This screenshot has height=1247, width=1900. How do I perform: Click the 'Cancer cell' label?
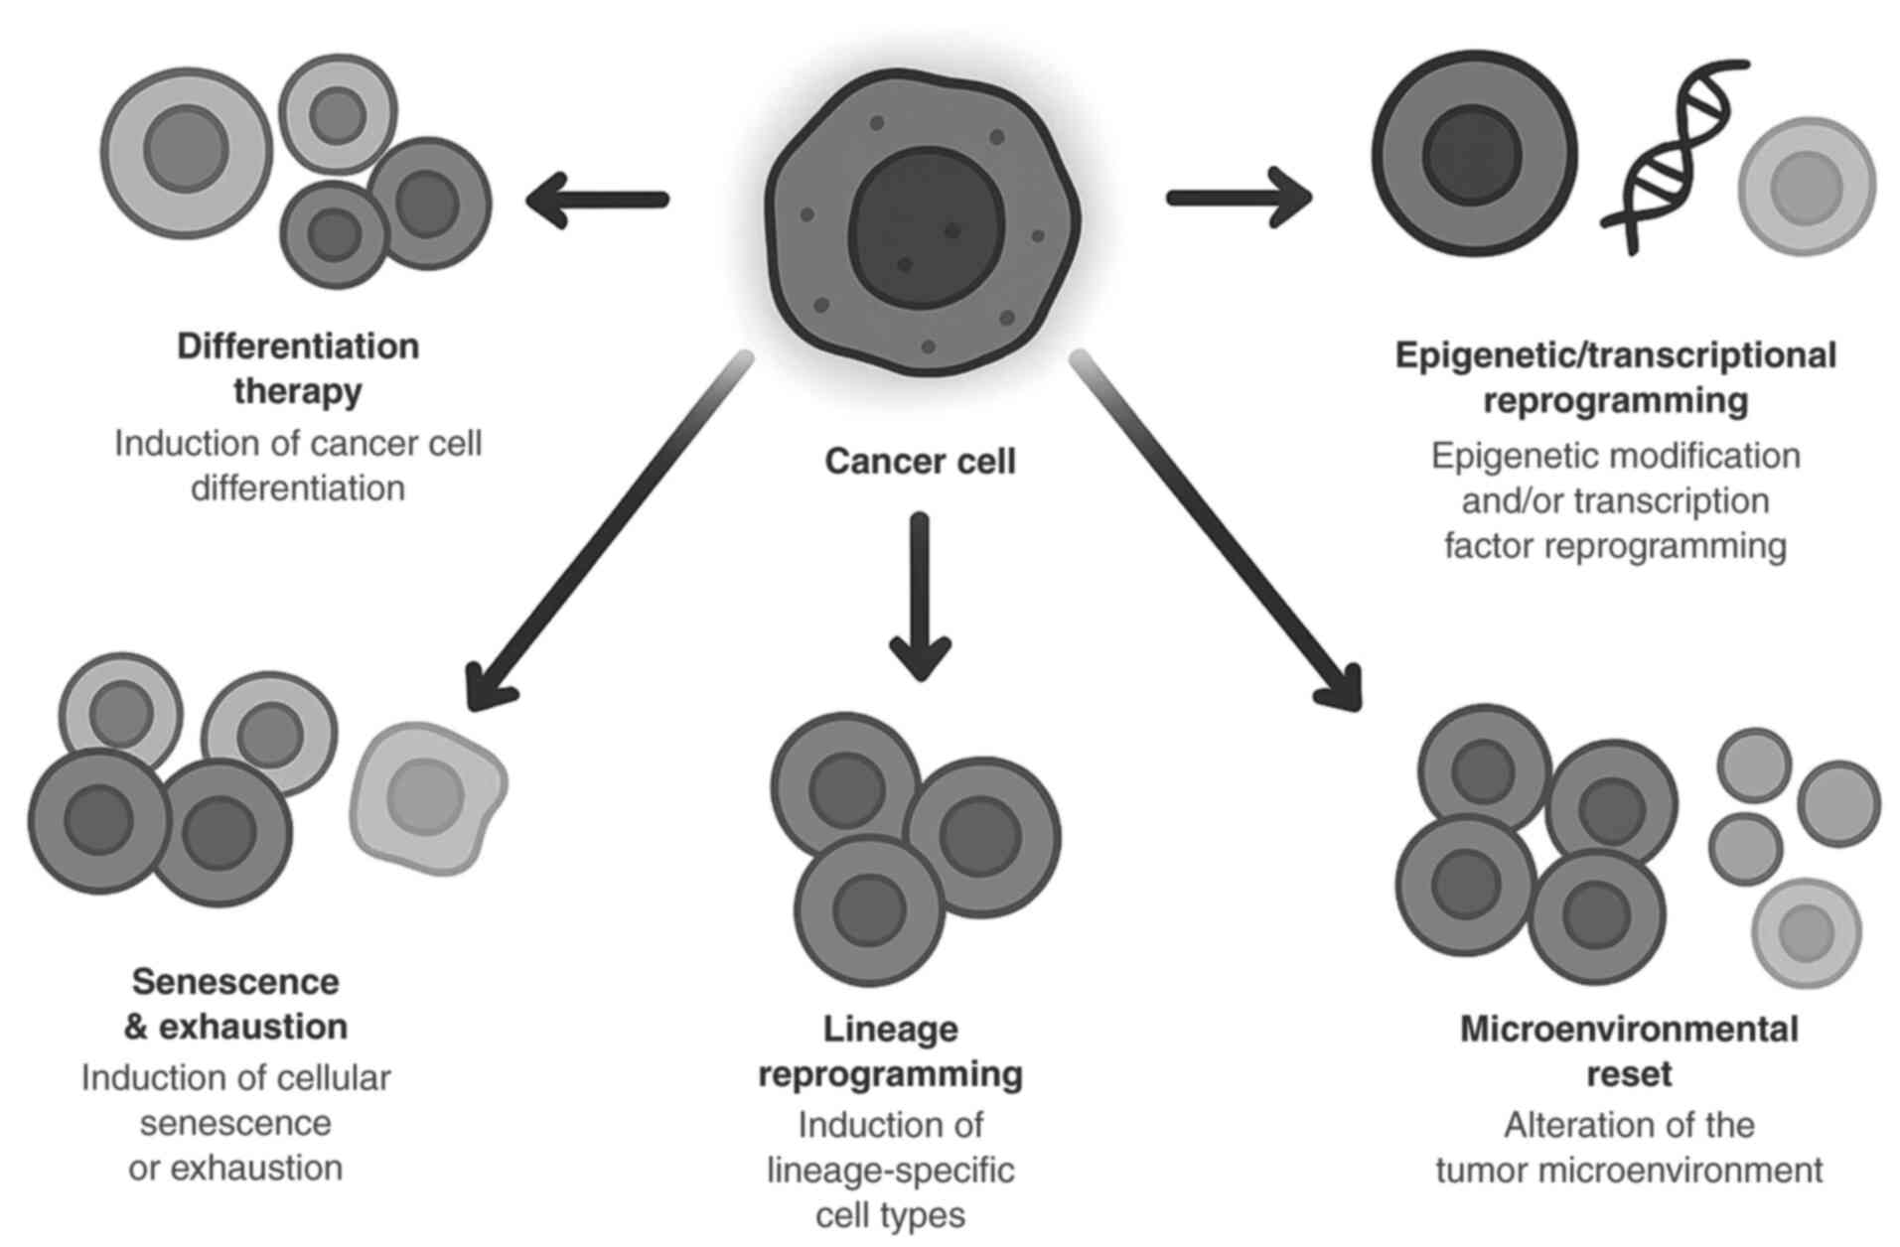tap(920, 462)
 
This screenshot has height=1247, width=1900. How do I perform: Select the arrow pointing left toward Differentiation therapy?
tap(597, 200)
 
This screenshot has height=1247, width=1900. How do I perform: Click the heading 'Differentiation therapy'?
tap(298, 368)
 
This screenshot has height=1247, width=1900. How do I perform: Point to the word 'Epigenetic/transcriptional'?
tap(1615, 355)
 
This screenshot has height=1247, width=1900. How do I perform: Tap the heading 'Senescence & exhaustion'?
tap(235, 1004)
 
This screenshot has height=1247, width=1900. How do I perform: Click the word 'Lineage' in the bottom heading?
tap(890, 1030)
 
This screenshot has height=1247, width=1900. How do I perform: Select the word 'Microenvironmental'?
tap(1629, 1030)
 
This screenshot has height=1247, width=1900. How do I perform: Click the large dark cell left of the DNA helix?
tap(1474, 156)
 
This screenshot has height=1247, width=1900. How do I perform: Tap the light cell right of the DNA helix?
tap(1806, 187)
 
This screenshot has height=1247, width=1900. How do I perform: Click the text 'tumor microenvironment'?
tap(1629, 1171)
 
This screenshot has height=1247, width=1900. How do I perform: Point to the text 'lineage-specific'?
tap(890, 1171)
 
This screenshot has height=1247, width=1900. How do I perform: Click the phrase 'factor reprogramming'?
tap(1615, 546)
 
